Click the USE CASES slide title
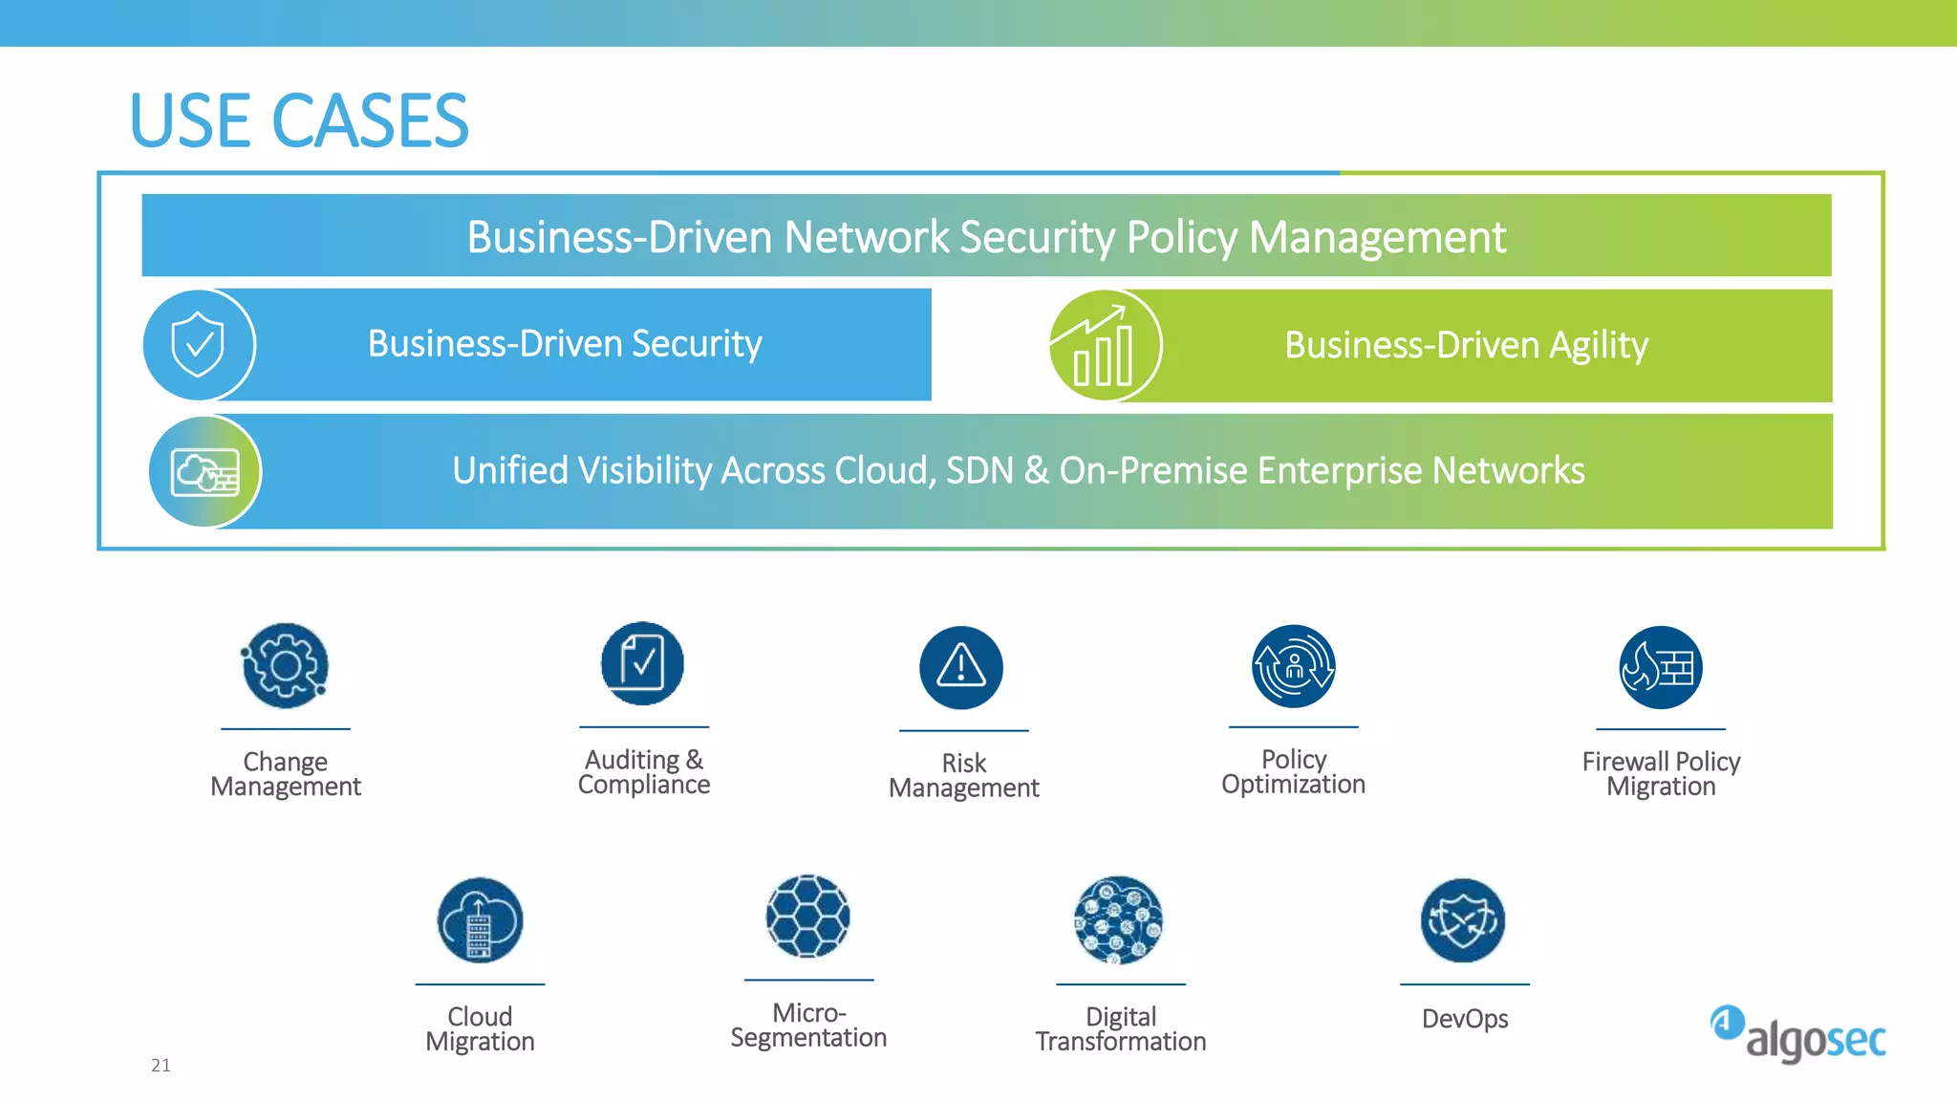pos(299,121)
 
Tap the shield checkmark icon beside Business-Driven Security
pos(198,345)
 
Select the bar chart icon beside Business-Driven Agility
pos(1105,345)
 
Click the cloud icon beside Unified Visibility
pos(204,472)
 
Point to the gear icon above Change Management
pos(285,666)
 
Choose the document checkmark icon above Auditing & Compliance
pos(642,663)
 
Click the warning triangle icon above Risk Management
pos(961,667)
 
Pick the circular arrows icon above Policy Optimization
pos(1294,666)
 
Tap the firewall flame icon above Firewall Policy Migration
pos(1661,667)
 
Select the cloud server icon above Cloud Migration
pos(480,920)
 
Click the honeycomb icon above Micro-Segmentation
pos(807,917)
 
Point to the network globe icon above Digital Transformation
pos(1119,920)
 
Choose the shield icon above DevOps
pos(1463,920)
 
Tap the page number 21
pos(161,1066)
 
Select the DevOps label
pos(1465,1019)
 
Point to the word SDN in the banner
pos(979,470)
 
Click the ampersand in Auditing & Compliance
pos(695,760)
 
